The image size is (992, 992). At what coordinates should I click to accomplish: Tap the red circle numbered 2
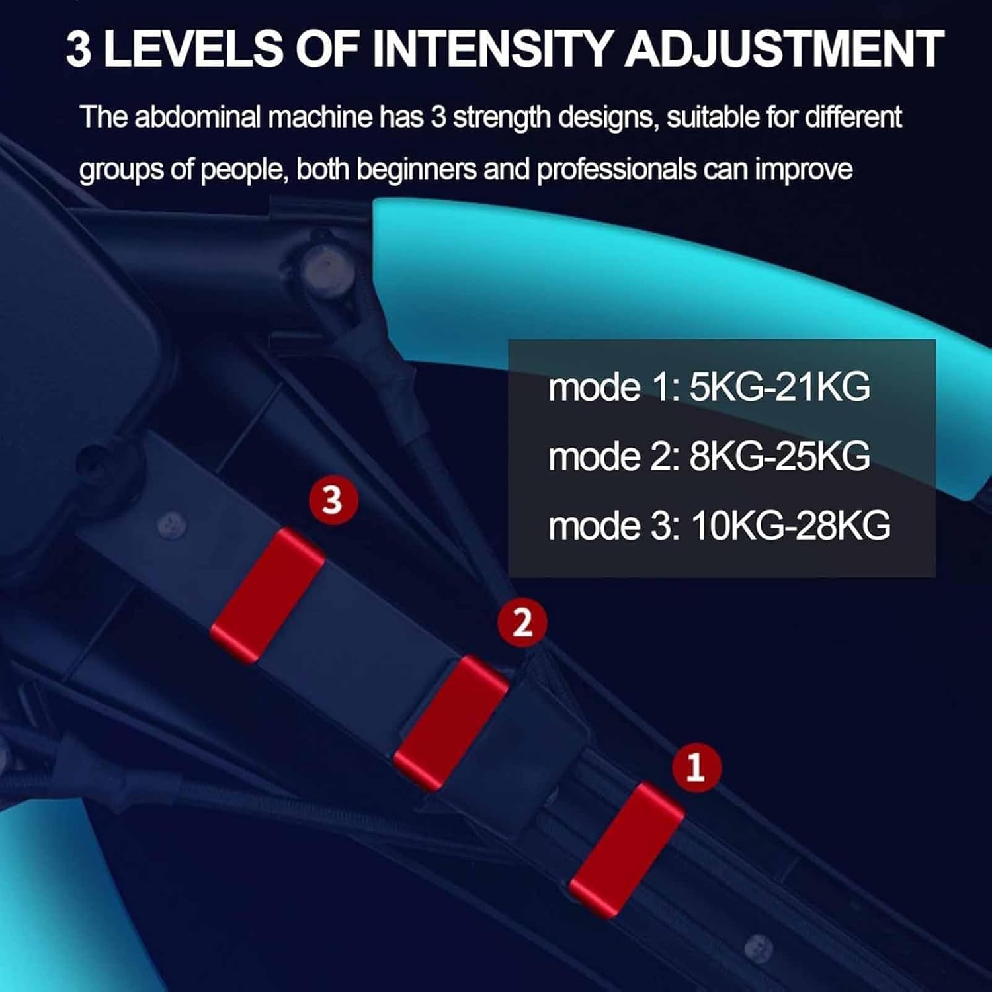click(522, 622)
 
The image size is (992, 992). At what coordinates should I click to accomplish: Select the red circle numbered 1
click(696, 767)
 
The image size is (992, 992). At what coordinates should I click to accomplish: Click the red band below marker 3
click(267, 595)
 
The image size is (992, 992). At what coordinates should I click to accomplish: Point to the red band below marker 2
click(451, 723)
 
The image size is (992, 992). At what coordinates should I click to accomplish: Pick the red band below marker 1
click(626, 850)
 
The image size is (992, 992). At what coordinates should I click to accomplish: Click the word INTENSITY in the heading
click(493, 49)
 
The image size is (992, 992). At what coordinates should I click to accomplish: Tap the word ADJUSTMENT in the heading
click(784, 49)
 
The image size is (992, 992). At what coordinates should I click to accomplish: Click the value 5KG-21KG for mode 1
click(780, 387)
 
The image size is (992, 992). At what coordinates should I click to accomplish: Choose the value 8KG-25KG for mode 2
click(780, 456)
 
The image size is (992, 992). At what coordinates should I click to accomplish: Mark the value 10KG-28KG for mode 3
click(790, 526)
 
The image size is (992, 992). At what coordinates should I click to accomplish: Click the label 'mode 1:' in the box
click(614, 388)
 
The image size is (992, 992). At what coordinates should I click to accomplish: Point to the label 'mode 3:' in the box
click(614, 526)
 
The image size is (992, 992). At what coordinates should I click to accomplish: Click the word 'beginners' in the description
click(417, 170)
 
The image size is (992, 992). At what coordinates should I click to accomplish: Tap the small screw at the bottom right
click(758, 948)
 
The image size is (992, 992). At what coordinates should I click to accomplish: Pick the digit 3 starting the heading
click(79, 50)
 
